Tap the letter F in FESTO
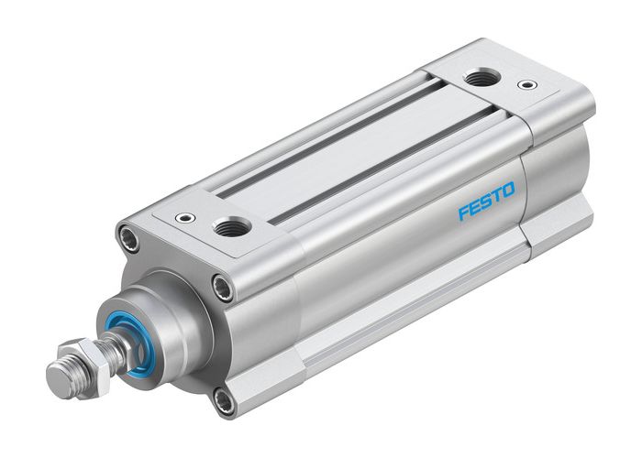pos(464,213)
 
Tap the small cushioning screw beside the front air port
pos(187,218)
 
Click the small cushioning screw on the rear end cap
pos(526,85)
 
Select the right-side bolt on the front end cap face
pos(223,289)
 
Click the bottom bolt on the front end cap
pos(223,398)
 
